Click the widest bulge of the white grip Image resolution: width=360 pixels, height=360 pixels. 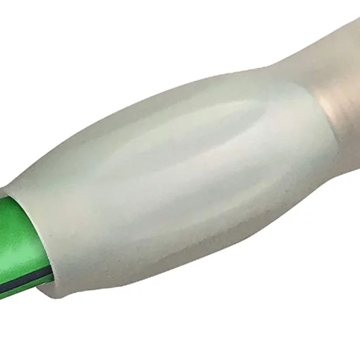(x=173, y=173)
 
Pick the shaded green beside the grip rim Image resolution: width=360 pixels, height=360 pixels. (x=34, y=226)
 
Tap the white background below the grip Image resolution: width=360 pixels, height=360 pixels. (x=210, y=315)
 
